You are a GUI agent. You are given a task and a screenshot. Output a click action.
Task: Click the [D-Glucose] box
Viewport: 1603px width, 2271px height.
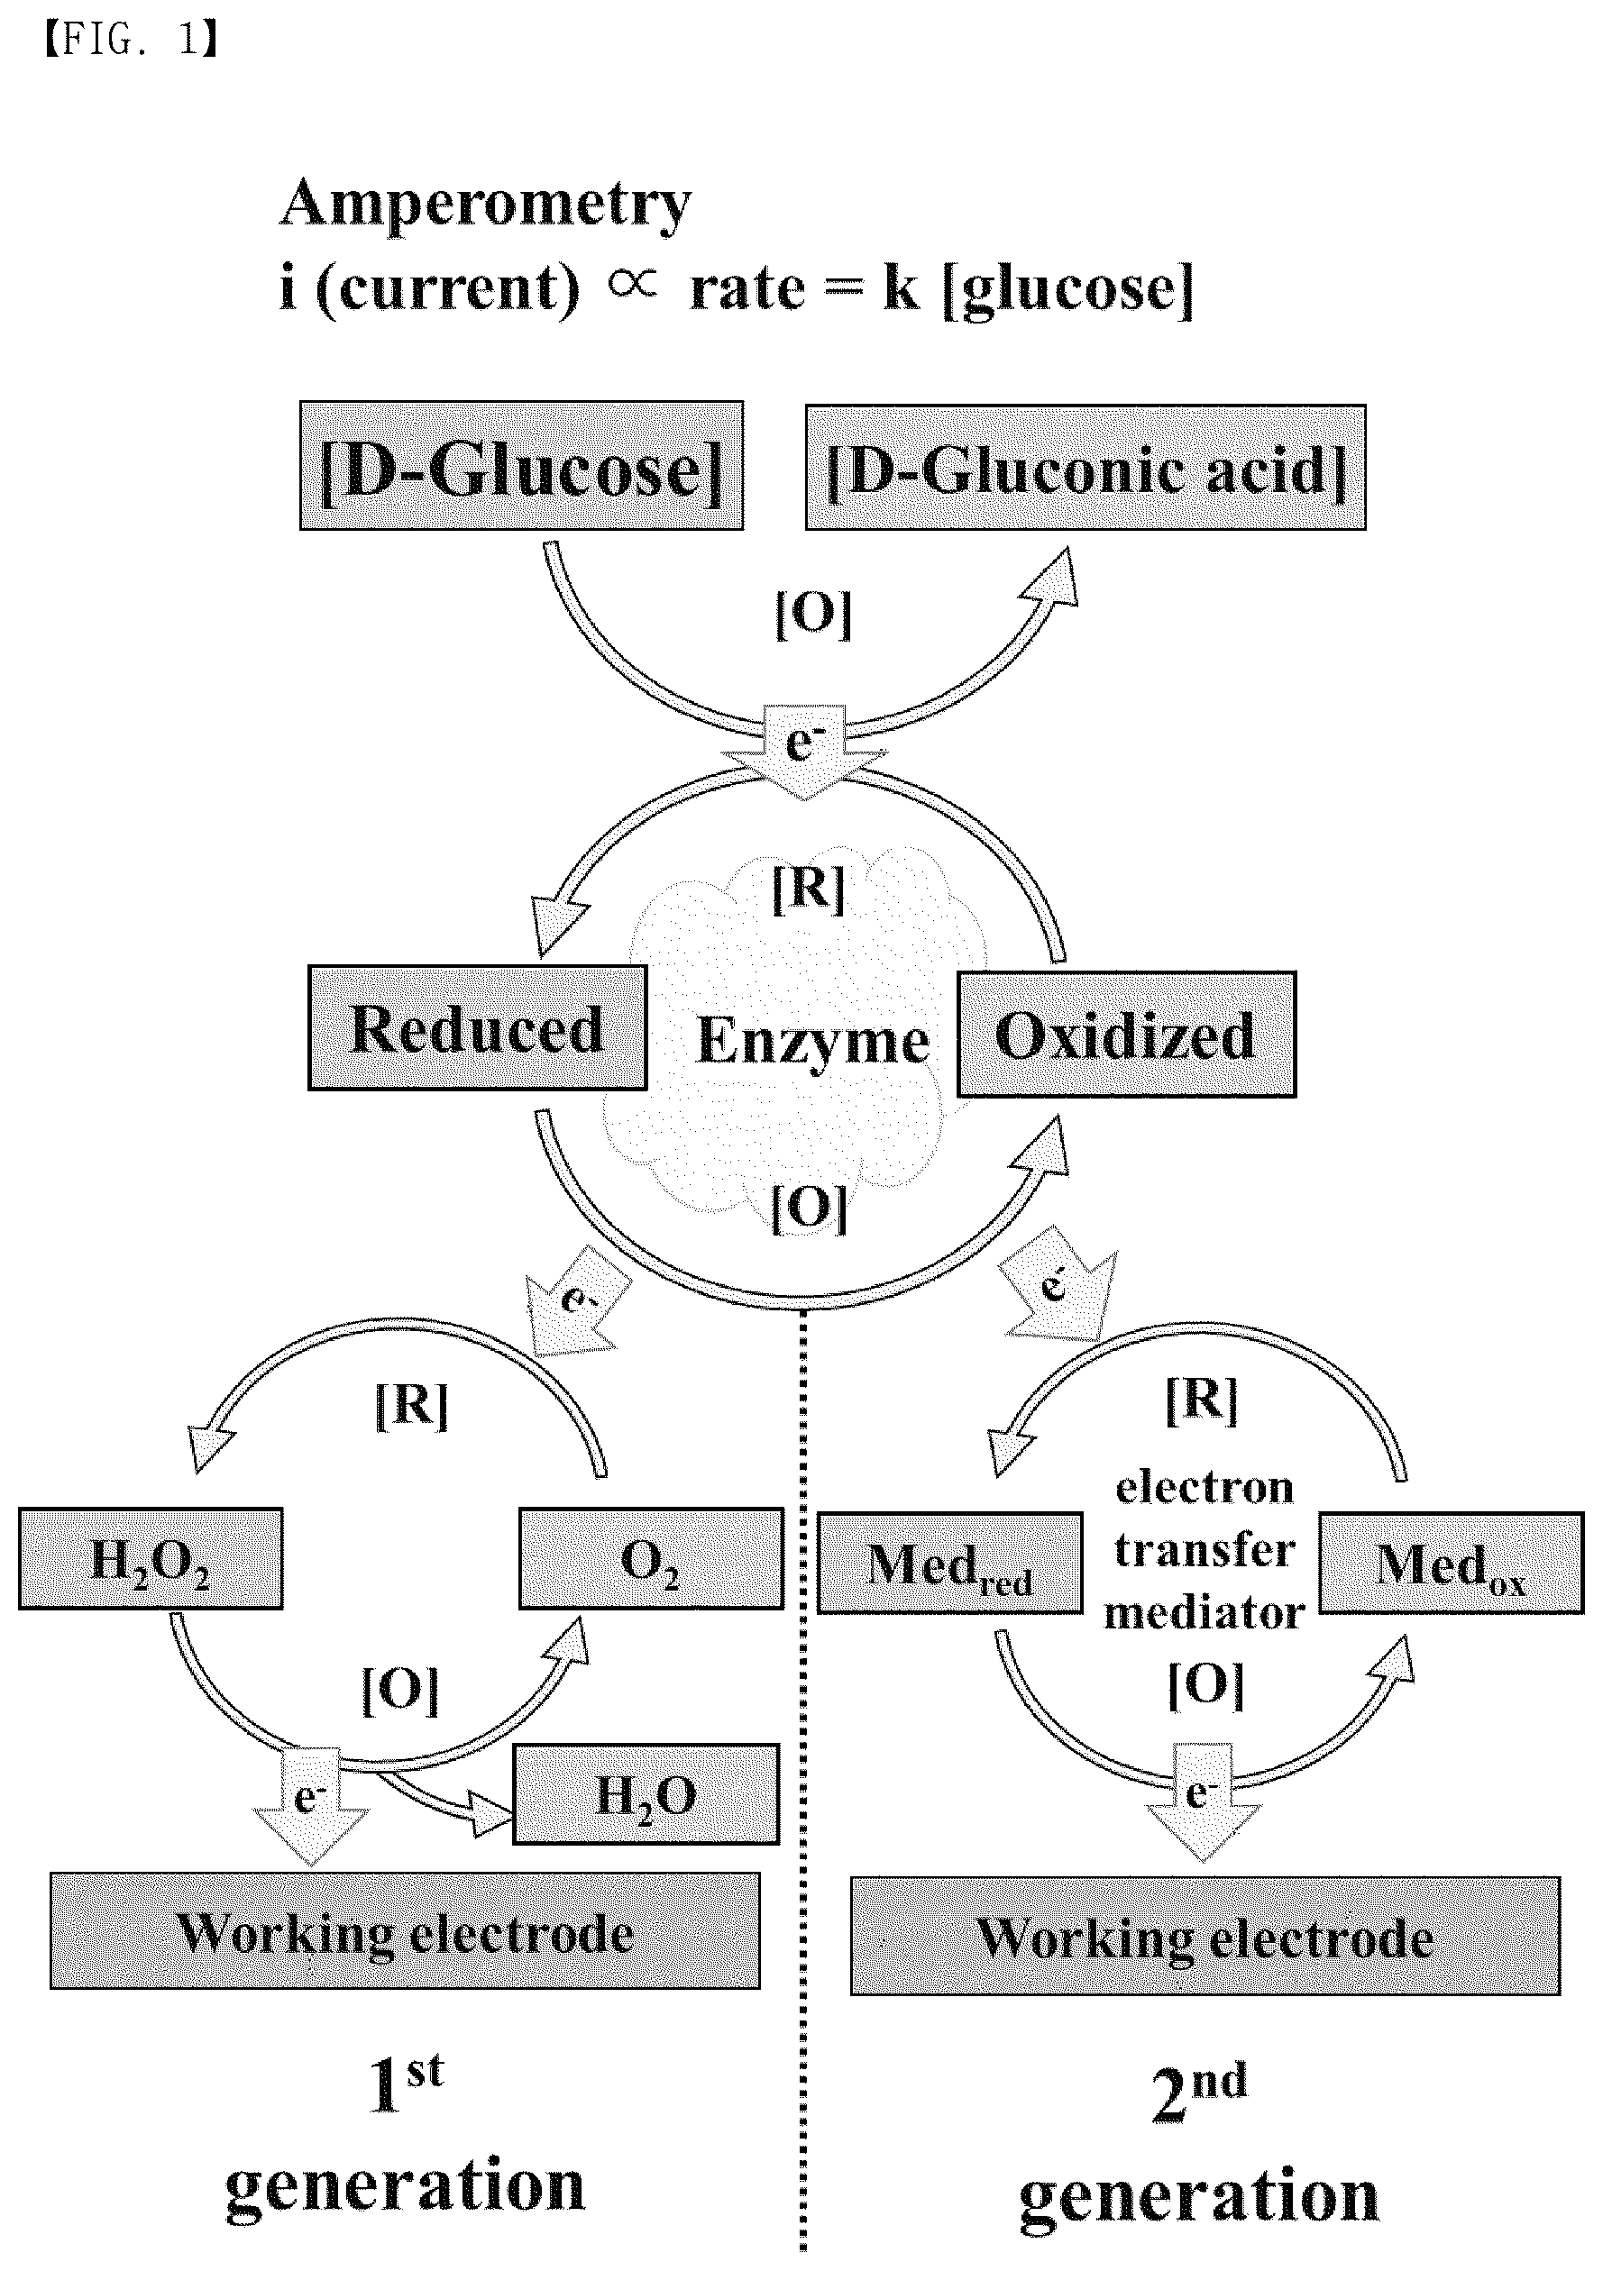[x=521, y=466]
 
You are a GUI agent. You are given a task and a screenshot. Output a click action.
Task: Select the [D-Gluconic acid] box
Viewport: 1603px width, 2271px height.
[x=1085, y=468]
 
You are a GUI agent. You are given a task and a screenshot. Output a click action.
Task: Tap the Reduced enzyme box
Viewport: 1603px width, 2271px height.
[x=477, y=1028]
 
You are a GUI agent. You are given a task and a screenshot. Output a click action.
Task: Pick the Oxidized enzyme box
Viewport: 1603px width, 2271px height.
[x=1126, y=1035]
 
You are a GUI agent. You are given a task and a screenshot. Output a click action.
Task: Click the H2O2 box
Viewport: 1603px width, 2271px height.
[x=151, y=1560]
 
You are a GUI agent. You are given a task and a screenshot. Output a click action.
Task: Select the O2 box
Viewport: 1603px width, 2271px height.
[x=651, y=1560]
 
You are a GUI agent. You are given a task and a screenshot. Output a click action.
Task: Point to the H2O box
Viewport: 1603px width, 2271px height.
[x=646, y=1794]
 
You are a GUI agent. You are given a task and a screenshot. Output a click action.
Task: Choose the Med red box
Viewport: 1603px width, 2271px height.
[x=950, y=1564]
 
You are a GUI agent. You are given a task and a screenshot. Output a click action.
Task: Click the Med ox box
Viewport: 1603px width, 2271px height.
[x=1452, y=1564]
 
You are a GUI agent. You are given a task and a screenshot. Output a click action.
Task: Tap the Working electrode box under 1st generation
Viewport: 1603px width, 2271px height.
[x=405, y=1930]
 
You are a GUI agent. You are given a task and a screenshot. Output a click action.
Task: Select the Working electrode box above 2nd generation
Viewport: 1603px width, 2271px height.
[x=1205, y=1936]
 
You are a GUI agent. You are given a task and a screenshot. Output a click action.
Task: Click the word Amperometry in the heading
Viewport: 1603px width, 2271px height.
[x=486, y=205]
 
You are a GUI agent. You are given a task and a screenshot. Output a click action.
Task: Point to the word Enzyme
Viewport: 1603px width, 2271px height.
[x=812, y=1042]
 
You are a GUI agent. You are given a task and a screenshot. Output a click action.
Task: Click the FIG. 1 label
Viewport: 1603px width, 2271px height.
[x=132, y=40]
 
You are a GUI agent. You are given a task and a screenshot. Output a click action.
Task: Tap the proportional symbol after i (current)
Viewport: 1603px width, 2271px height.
[x=632, y=285]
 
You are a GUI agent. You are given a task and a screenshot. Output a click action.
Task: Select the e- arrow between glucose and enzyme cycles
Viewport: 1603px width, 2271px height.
[x=803, y=751]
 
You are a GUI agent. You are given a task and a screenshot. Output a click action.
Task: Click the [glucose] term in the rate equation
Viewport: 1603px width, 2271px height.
[x=1068, y=290]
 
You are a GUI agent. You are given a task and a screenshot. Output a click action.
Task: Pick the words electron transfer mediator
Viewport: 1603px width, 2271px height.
[x=1205, y=1549]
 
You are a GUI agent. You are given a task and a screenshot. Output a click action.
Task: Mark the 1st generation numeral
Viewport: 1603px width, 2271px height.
[x=405, y=2085]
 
